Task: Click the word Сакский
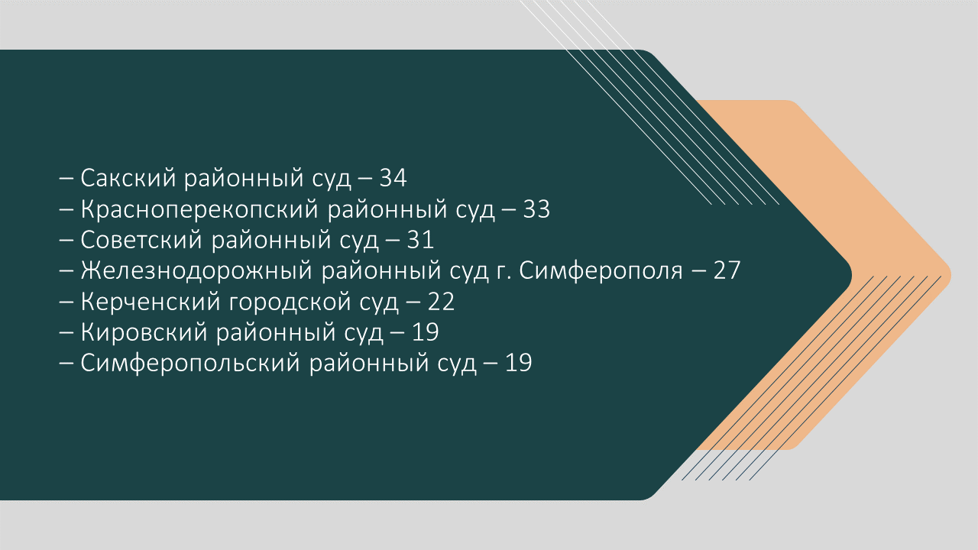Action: tap(128, 178)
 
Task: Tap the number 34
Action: tap(393, 178)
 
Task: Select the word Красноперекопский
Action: tap(200, 209)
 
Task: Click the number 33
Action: tap(536, 209)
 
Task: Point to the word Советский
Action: tap(142, 240)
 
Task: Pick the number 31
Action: tap(420, 240)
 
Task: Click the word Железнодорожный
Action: tap(196, 270)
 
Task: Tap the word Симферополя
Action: tap(601, 270)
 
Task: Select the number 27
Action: tap(727, 270)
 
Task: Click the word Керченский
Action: tap(151, 302)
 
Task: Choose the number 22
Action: tap(441, 302)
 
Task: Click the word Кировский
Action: tap(144, 332)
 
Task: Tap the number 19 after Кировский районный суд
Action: tap(426, 332)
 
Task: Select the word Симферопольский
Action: tap(191, 363)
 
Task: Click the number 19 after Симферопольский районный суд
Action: tap(519, 363)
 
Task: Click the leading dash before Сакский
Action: tap(66, 180)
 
